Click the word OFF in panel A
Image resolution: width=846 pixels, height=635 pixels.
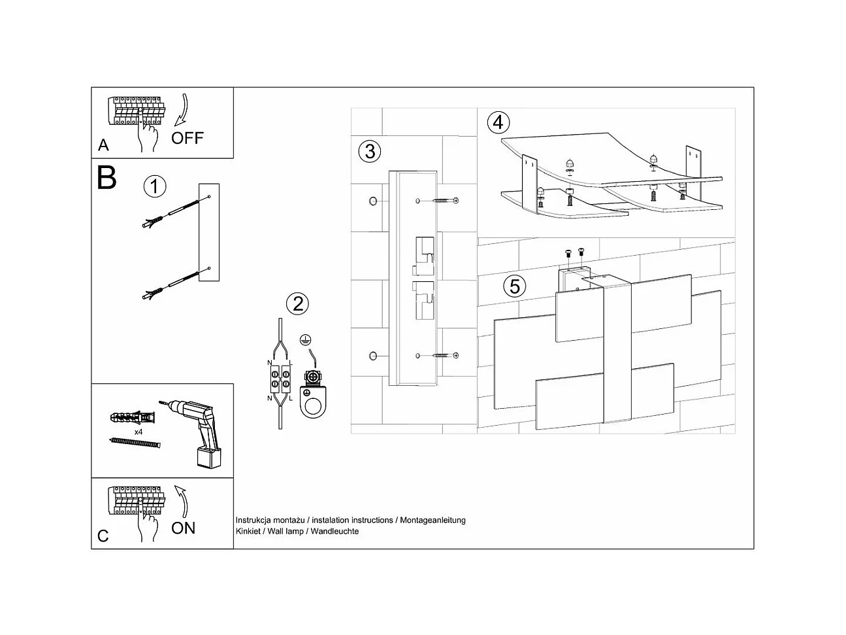point(187,138)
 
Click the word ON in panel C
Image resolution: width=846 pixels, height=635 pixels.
point(184,528)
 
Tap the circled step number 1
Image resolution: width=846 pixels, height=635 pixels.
point(155,187)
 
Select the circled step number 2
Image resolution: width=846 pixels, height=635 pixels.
point(297,303)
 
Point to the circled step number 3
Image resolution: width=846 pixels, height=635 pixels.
point(370,152)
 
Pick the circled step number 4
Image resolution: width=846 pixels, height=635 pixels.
point(498,122)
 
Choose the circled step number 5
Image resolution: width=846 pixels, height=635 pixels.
point(515,286)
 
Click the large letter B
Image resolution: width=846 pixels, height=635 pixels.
point(106,178)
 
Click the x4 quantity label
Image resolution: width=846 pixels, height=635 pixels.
point(138,432)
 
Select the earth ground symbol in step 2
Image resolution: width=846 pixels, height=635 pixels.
point(304,339)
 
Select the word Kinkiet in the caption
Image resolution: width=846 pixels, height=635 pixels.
point(247,532)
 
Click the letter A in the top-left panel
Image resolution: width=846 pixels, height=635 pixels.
point(103,145)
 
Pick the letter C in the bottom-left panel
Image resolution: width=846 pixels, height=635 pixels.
point(103,536)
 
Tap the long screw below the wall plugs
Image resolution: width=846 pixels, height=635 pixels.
point(135,443)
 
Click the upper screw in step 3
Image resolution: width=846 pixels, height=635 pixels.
point(444,200)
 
